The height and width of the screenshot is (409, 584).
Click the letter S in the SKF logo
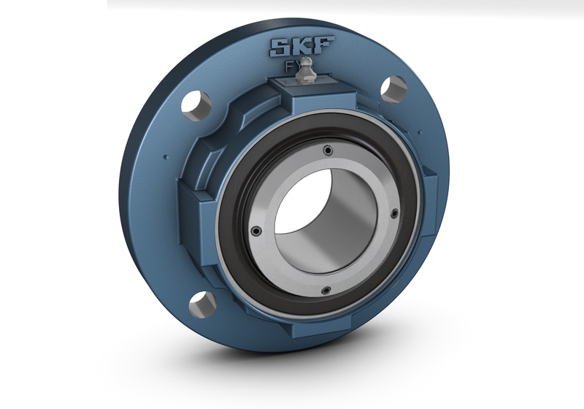pos(280,47)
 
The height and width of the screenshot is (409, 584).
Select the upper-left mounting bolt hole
pos(196,106)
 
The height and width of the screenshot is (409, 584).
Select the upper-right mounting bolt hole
pos(393,88)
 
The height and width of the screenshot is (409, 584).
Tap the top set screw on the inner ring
pos(328,150)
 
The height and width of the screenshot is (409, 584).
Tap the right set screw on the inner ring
pos(394,214)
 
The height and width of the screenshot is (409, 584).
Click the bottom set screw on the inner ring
pos(326,290)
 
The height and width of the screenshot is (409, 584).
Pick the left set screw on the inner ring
pos(256,232)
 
